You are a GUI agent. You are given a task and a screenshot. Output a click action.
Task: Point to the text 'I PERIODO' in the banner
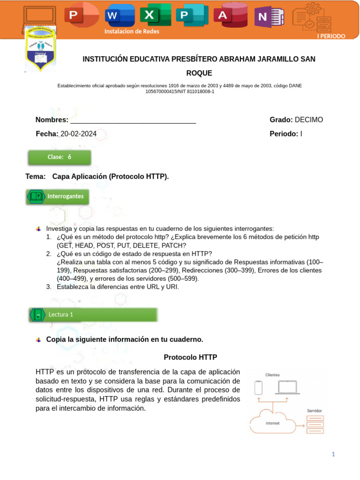click(331, 36)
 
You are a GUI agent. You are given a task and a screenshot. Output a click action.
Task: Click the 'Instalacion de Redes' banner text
click(132, 31)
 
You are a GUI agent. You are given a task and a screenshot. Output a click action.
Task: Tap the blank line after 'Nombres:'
click(133, 120)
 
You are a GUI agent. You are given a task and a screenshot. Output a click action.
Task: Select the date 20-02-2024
click(78, 134)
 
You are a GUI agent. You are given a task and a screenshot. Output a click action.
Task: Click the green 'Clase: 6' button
click(60, 157)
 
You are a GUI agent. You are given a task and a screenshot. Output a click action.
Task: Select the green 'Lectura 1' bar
click(93, 315)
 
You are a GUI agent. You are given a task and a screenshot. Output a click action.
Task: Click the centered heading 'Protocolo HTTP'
click(190, 357)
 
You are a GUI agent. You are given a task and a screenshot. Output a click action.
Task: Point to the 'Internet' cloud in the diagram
click(273, 423)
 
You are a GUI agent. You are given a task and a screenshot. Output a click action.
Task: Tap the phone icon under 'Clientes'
click(258, 388)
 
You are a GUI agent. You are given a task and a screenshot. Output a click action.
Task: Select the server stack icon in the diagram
click(315, 424)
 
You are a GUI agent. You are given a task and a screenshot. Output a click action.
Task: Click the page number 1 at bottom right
click(333, 454)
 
